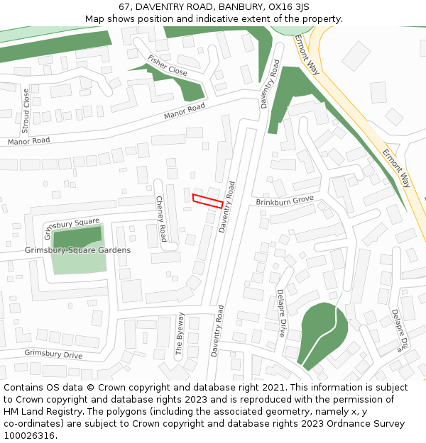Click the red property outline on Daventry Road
pyautogui.click(x=208, y=201)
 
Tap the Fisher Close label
pyautogui.click(x=168, y=66)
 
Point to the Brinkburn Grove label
pyautogui.click(x=285, y=201)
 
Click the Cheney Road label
pyautogui.click(x=161, y=218)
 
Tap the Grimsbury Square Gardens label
pyautogui.click(x=77, y=250)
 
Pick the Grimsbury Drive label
pyautogui.click(x=53, y=353)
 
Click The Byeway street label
pyautogui.click(x=180, y=333)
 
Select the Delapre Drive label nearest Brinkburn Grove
pyautogui.click(x=282, y=313)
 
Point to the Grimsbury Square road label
pyautogui.click(x=71, y=228)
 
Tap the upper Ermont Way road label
pyautogui.click(x=307, y=54)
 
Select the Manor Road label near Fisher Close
pyautogui.click(x=184, y=111)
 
